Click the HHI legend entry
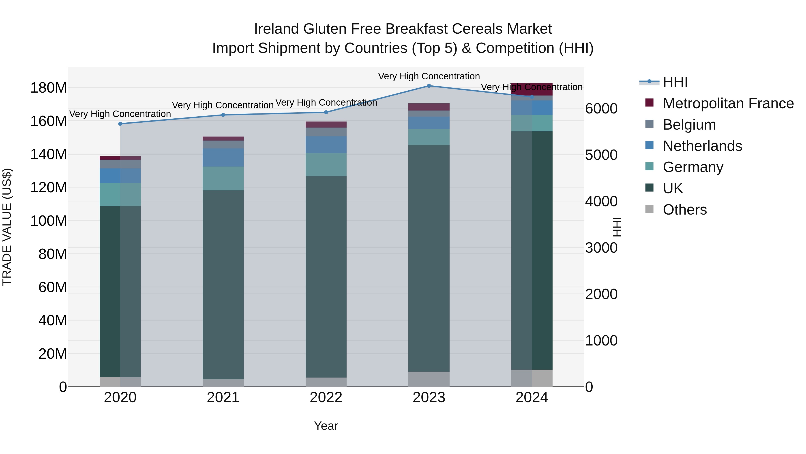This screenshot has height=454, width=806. point(675,82)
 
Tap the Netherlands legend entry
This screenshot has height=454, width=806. point(702,146)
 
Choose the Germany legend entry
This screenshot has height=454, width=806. point(693,167)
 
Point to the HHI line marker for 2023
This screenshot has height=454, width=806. point(429,86)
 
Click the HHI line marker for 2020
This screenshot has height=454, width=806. point(120,124)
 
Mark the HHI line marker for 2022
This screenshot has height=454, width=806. point(326,112)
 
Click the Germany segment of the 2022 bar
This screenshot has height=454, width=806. point(326,165)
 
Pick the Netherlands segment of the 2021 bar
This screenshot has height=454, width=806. point(223,158)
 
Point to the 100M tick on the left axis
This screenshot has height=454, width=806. point(49,221)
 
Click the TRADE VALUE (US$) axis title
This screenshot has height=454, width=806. point(7,227)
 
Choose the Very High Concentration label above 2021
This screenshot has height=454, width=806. point(223,105)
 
